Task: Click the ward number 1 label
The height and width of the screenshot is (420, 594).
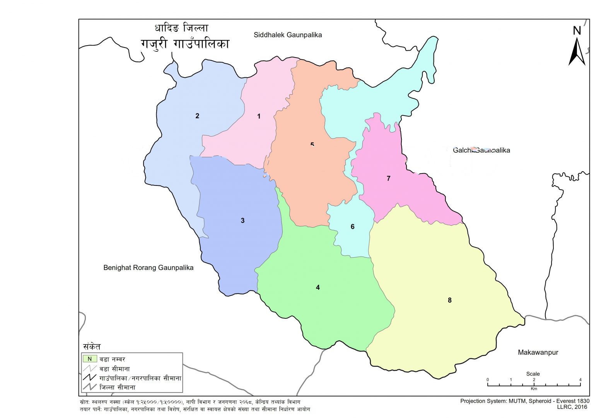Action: click(x=259, y=116)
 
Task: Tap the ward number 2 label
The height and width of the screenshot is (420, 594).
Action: click(x=197, y=116)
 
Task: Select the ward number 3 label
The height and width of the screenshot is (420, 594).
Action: click(x=242, y=221)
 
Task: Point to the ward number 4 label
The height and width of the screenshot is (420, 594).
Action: click(x=318, y=287)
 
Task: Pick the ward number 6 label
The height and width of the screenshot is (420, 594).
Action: click(x=352, y=227)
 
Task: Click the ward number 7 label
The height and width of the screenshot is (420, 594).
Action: click(x=389, y=179)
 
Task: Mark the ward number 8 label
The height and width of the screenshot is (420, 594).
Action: click(x=449, y=300)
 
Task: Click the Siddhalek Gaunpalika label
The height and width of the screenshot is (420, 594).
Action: click(x=288, y=35)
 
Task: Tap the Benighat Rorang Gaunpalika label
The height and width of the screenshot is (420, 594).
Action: click(x=148, y=268)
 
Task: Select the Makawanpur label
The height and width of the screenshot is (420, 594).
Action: click(x=538, y=352)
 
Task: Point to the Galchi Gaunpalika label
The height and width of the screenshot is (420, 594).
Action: click(x=481, y=150)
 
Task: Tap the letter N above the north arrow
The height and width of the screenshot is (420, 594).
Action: click(x=577, y=31)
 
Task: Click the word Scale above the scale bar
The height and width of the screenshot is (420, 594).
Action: click(x=533, y=374)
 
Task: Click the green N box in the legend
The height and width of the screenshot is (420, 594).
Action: click(x=90, y=359)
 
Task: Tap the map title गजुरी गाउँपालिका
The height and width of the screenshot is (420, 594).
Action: click(x=185, y=44)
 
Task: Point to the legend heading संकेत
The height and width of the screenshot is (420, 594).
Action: click(x=92, y=346)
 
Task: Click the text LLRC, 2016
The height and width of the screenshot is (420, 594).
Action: click(x=573, y=407)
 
